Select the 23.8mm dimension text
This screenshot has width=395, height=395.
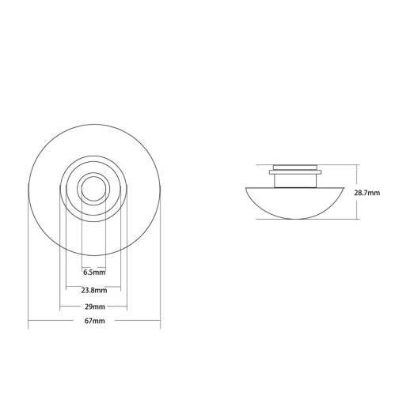[x=94, y=289]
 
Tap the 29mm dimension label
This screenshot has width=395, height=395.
[x=94, y=306]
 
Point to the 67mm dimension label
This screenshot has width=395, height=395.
[x=94, y=322]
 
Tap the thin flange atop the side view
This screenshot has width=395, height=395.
[x=295, y=170]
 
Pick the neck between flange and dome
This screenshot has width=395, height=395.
[x=295, y=180]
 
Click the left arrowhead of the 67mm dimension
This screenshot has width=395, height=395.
[x=29, y=322]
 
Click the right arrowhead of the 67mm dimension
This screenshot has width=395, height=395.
[x=159, y=322]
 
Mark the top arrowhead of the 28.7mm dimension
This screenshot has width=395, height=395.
[x=359, y=166]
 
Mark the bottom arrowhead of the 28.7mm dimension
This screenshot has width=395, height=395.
[x=359, y=219]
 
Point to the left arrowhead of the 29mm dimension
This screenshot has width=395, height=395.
[x=62, y=306]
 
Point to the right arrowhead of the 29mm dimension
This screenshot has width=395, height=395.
[x=126, y=306]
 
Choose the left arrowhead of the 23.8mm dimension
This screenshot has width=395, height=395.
[x=67, y=289]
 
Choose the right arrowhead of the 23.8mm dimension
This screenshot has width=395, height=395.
[x=120, y=289]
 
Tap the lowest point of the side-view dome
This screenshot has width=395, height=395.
[x=296, y=219]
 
